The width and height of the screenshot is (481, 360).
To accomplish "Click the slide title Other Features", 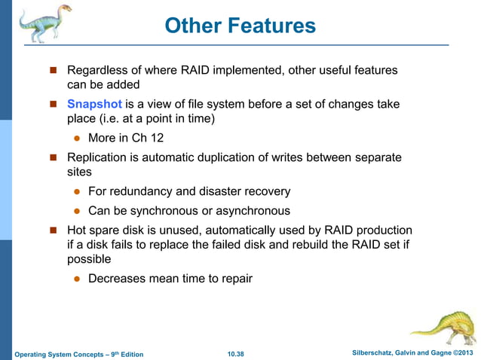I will tap(240, 26).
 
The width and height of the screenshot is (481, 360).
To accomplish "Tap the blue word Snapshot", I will tap(94, 104).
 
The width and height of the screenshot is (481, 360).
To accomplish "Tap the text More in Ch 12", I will tap(125, 138).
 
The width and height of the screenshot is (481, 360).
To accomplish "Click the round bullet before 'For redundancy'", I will tap(77, 192).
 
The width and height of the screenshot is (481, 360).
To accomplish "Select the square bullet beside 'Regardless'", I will tap(54, 71).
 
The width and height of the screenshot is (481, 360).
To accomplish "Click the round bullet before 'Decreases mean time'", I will tap(77, 279).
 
